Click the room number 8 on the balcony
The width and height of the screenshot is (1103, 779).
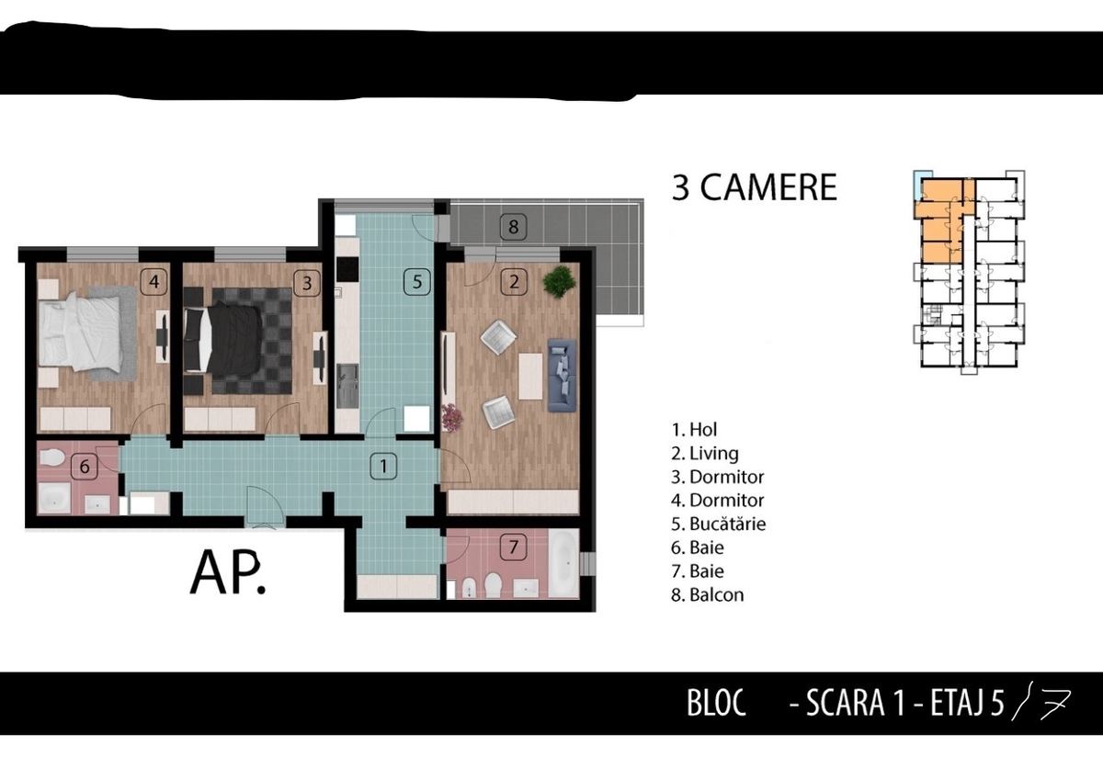click(513, 227)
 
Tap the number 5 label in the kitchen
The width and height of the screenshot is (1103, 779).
click(417, 282)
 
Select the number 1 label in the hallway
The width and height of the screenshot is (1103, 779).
click(383, 466)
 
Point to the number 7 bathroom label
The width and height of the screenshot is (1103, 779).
click(513, 547)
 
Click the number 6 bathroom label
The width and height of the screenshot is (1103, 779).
click(85, 467)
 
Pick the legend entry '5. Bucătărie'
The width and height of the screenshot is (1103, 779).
click(718, 525)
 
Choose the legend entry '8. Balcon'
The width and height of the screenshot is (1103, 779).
click(707, 595)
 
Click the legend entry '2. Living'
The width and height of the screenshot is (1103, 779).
click(705, 453)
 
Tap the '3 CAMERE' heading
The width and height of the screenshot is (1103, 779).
click(755, 187)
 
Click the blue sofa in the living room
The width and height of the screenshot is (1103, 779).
click(562, 375)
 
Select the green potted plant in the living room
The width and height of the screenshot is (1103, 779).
click(559, 281)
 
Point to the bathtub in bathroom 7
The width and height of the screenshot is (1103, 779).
click(563, 563)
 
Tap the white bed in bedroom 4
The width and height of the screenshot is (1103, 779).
click(80, 332)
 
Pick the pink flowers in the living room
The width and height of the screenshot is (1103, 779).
click(452, 417)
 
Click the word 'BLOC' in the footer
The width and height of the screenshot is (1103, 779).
click(716, 704)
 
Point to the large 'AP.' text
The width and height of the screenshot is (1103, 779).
click(228, 573)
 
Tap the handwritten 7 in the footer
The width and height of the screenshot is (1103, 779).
click(1056, 705)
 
